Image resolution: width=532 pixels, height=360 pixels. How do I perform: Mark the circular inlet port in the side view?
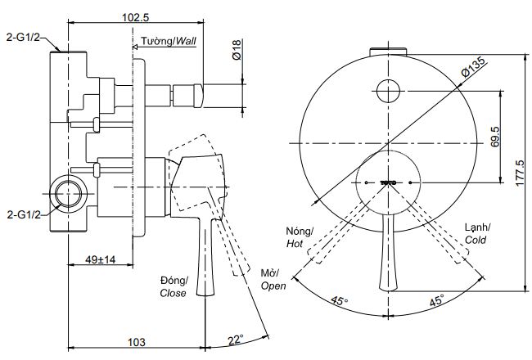pos(68,196)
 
